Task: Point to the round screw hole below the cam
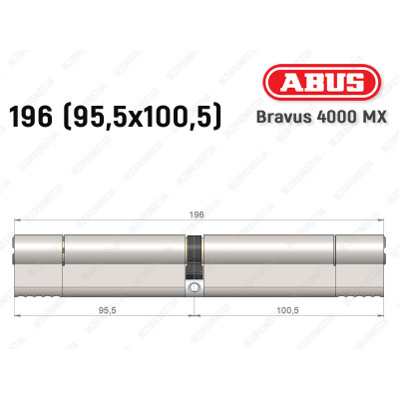pyautogui.click(x=195, y=290)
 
